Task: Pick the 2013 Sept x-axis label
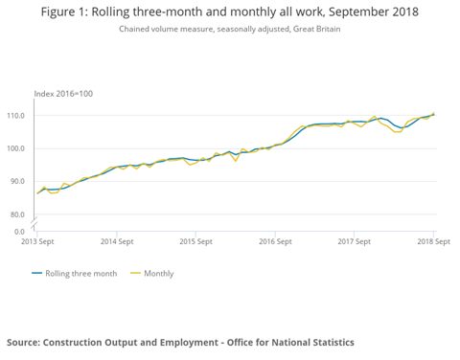tap(36, 242)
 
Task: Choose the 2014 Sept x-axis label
tap(116, 242)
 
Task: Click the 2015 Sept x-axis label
tap(195, 242)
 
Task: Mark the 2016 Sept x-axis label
tap(275, 242)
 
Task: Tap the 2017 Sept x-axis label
tap(355, 242)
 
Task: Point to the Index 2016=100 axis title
tap(63, 93)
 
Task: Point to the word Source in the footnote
tap(26, 342)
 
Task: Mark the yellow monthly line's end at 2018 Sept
tap(433, 113)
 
